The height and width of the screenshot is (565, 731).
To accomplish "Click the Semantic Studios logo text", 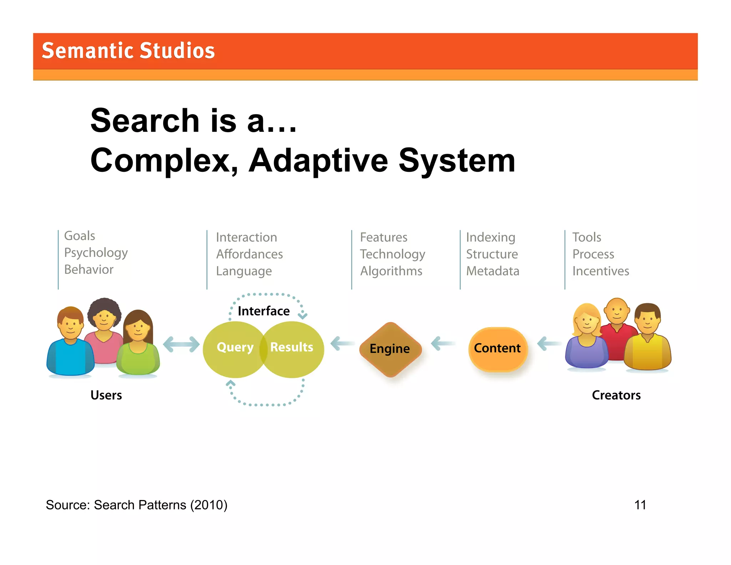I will click(128, 50).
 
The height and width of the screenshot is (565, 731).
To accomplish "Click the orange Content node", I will click(498, 348).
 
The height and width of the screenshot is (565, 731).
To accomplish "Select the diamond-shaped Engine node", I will click(390, 349).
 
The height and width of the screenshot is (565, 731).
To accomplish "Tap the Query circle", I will click(232, 348).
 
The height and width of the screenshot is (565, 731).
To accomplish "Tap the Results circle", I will click(294, 348).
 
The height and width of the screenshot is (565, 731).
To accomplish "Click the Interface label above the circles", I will click(263, 311).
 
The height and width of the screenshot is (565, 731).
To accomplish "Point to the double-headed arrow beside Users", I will click(181, 344).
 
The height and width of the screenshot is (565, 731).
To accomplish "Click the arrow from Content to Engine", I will click(443, 344).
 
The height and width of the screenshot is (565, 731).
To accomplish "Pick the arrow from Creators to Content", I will click(549, 344).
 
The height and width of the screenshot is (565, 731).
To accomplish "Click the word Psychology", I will click(96, 253).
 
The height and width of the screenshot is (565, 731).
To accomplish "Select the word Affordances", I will click(249, 254).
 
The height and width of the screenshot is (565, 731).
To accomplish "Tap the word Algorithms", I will click(391, 271).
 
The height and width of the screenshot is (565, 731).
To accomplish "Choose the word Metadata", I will click(493, 271).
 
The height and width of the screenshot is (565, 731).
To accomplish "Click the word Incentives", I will click(600, 271).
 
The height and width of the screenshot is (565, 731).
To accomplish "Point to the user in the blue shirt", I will click(70, 343).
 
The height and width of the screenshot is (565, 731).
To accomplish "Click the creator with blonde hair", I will click(586, 337).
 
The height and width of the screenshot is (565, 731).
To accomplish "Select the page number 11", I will click(640, 505).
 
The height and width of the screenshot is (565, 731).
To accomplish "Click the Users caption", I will click(106, 395).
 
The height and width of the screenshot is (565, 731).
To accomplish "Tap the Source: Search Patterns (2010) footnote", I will click(136, 505).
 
